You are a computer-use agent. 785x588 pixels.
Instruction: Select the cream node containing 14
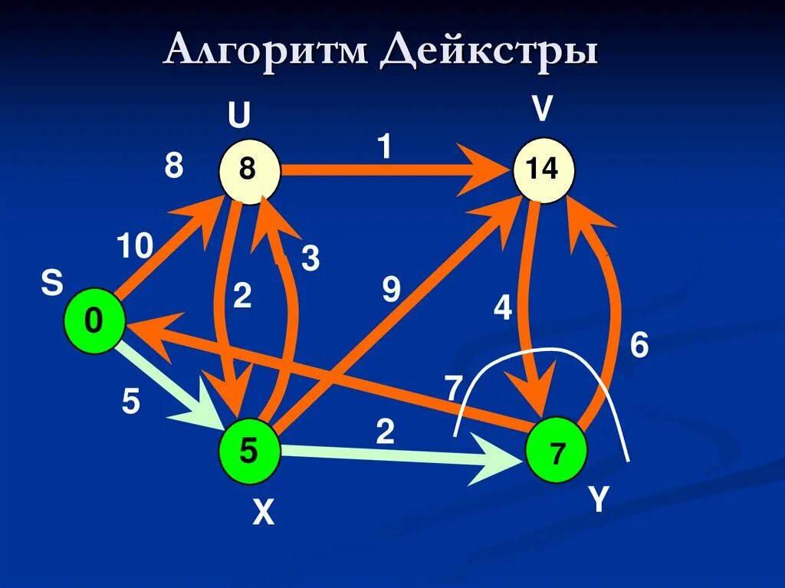click(x=543, y=169)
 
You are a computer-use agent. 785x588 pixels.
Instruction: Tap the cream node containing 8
click(x=248, y=169)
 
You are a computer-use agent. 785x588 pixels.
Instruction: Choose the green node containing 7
click(x=557, y=453)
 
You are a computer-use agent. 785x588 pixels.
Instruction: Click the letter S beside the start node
click(x=52, y=284)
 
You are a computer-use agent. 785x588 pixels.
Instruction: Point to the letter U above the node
click(x=238, y=117)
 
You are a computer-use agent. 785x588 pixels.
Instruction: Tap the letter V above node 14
click(x=542, y=110)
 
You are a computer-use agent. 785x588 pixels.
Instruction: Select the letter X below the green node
click(x=263, y=513)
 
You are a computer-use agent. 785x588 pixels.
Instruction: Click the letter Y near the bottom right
click(x=598, y=500)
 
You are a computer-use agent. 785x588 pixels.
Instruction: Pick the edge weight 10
click(x=135, y=247)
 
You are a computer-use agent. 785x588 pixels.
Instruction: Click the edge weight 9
click(x=391, y=290)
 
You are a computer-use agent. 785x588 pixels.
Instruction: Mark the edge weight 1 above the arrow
click(x=384, y=146)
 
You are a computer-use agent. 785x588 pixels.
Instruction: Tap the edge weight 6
click(x=639, y=346)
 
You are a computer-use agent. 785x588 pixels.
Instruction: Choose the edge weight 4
click(x=502, y=308)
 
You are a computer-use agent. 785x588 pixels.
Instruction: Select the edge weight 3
click(x=310, y=259)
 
